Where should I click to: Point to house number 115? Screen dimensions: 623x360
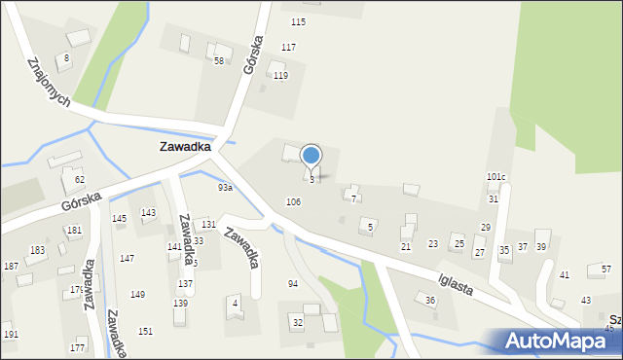point(298,21)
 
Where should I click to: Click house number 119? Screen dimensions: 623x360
point(280,76)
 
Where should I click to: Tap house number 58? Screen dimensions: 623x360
point(219,60)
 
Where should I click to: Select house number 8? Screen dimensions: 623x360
point(66,58)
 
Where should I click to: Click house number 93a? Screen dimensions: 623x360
point(225,187)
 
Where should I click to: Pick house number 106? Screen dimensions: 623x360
point(293,201)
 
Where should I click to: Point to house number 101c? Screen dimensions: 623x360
point(496,177)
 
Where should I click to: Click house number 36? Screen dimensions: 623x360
point(430,301)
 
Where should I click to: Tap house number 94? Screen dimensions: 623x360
point(293,283)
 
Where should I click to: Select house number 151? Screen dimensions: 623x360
point(145,331)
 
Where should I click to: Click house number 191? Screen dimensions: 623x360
point(11,334)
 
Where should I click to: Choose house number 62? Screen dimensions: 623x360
point(80,180)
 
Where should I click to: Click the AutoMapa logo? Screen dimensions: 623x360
point(561,342)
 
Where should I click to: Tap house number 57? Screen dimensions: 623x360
point(606,269)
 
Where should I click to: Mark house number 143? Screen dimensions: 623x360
point(148,212)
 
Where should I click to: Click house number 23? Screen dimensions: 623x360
point(433,244)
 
